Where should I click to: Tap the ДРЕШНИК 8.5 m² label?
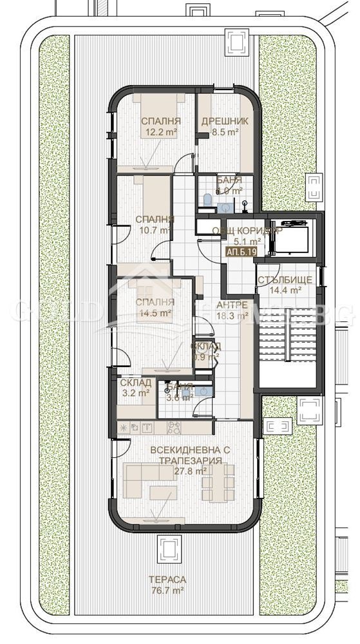[220, 126]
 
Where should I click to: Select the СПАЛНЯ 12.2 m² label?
[160, 126]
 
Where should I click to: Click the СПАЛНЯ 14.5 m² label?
[155, 307]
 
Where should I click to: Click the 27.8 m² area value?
[191, 471]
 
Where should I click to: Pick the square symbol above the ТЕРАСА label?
[169, 549]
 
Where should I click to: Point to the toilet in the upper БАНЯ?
[206, 201]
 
